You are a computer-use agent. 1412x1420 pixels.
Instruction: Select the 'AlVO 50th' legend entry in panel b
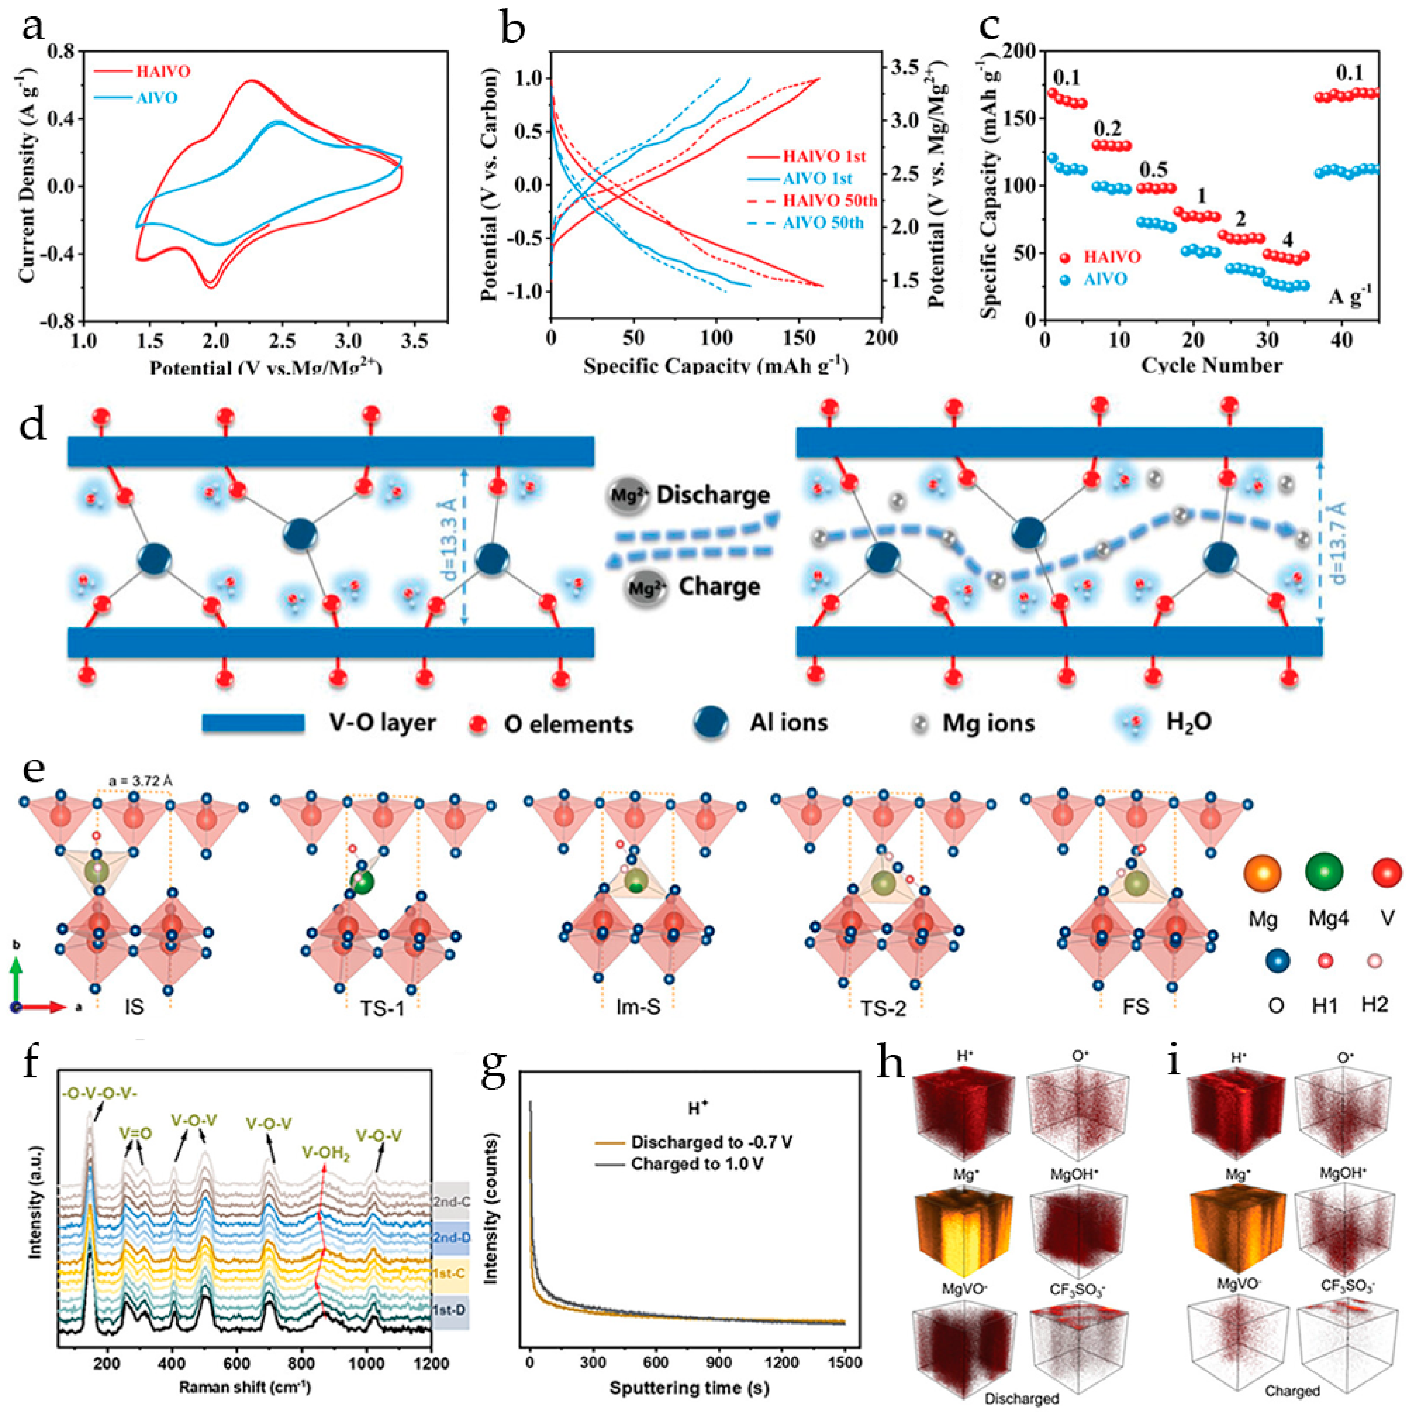pyautogui.click(x=823, y=222)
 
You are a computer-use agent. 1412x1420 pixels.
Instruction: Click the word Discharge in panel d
pyautogui.click(x=713, y=495)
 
